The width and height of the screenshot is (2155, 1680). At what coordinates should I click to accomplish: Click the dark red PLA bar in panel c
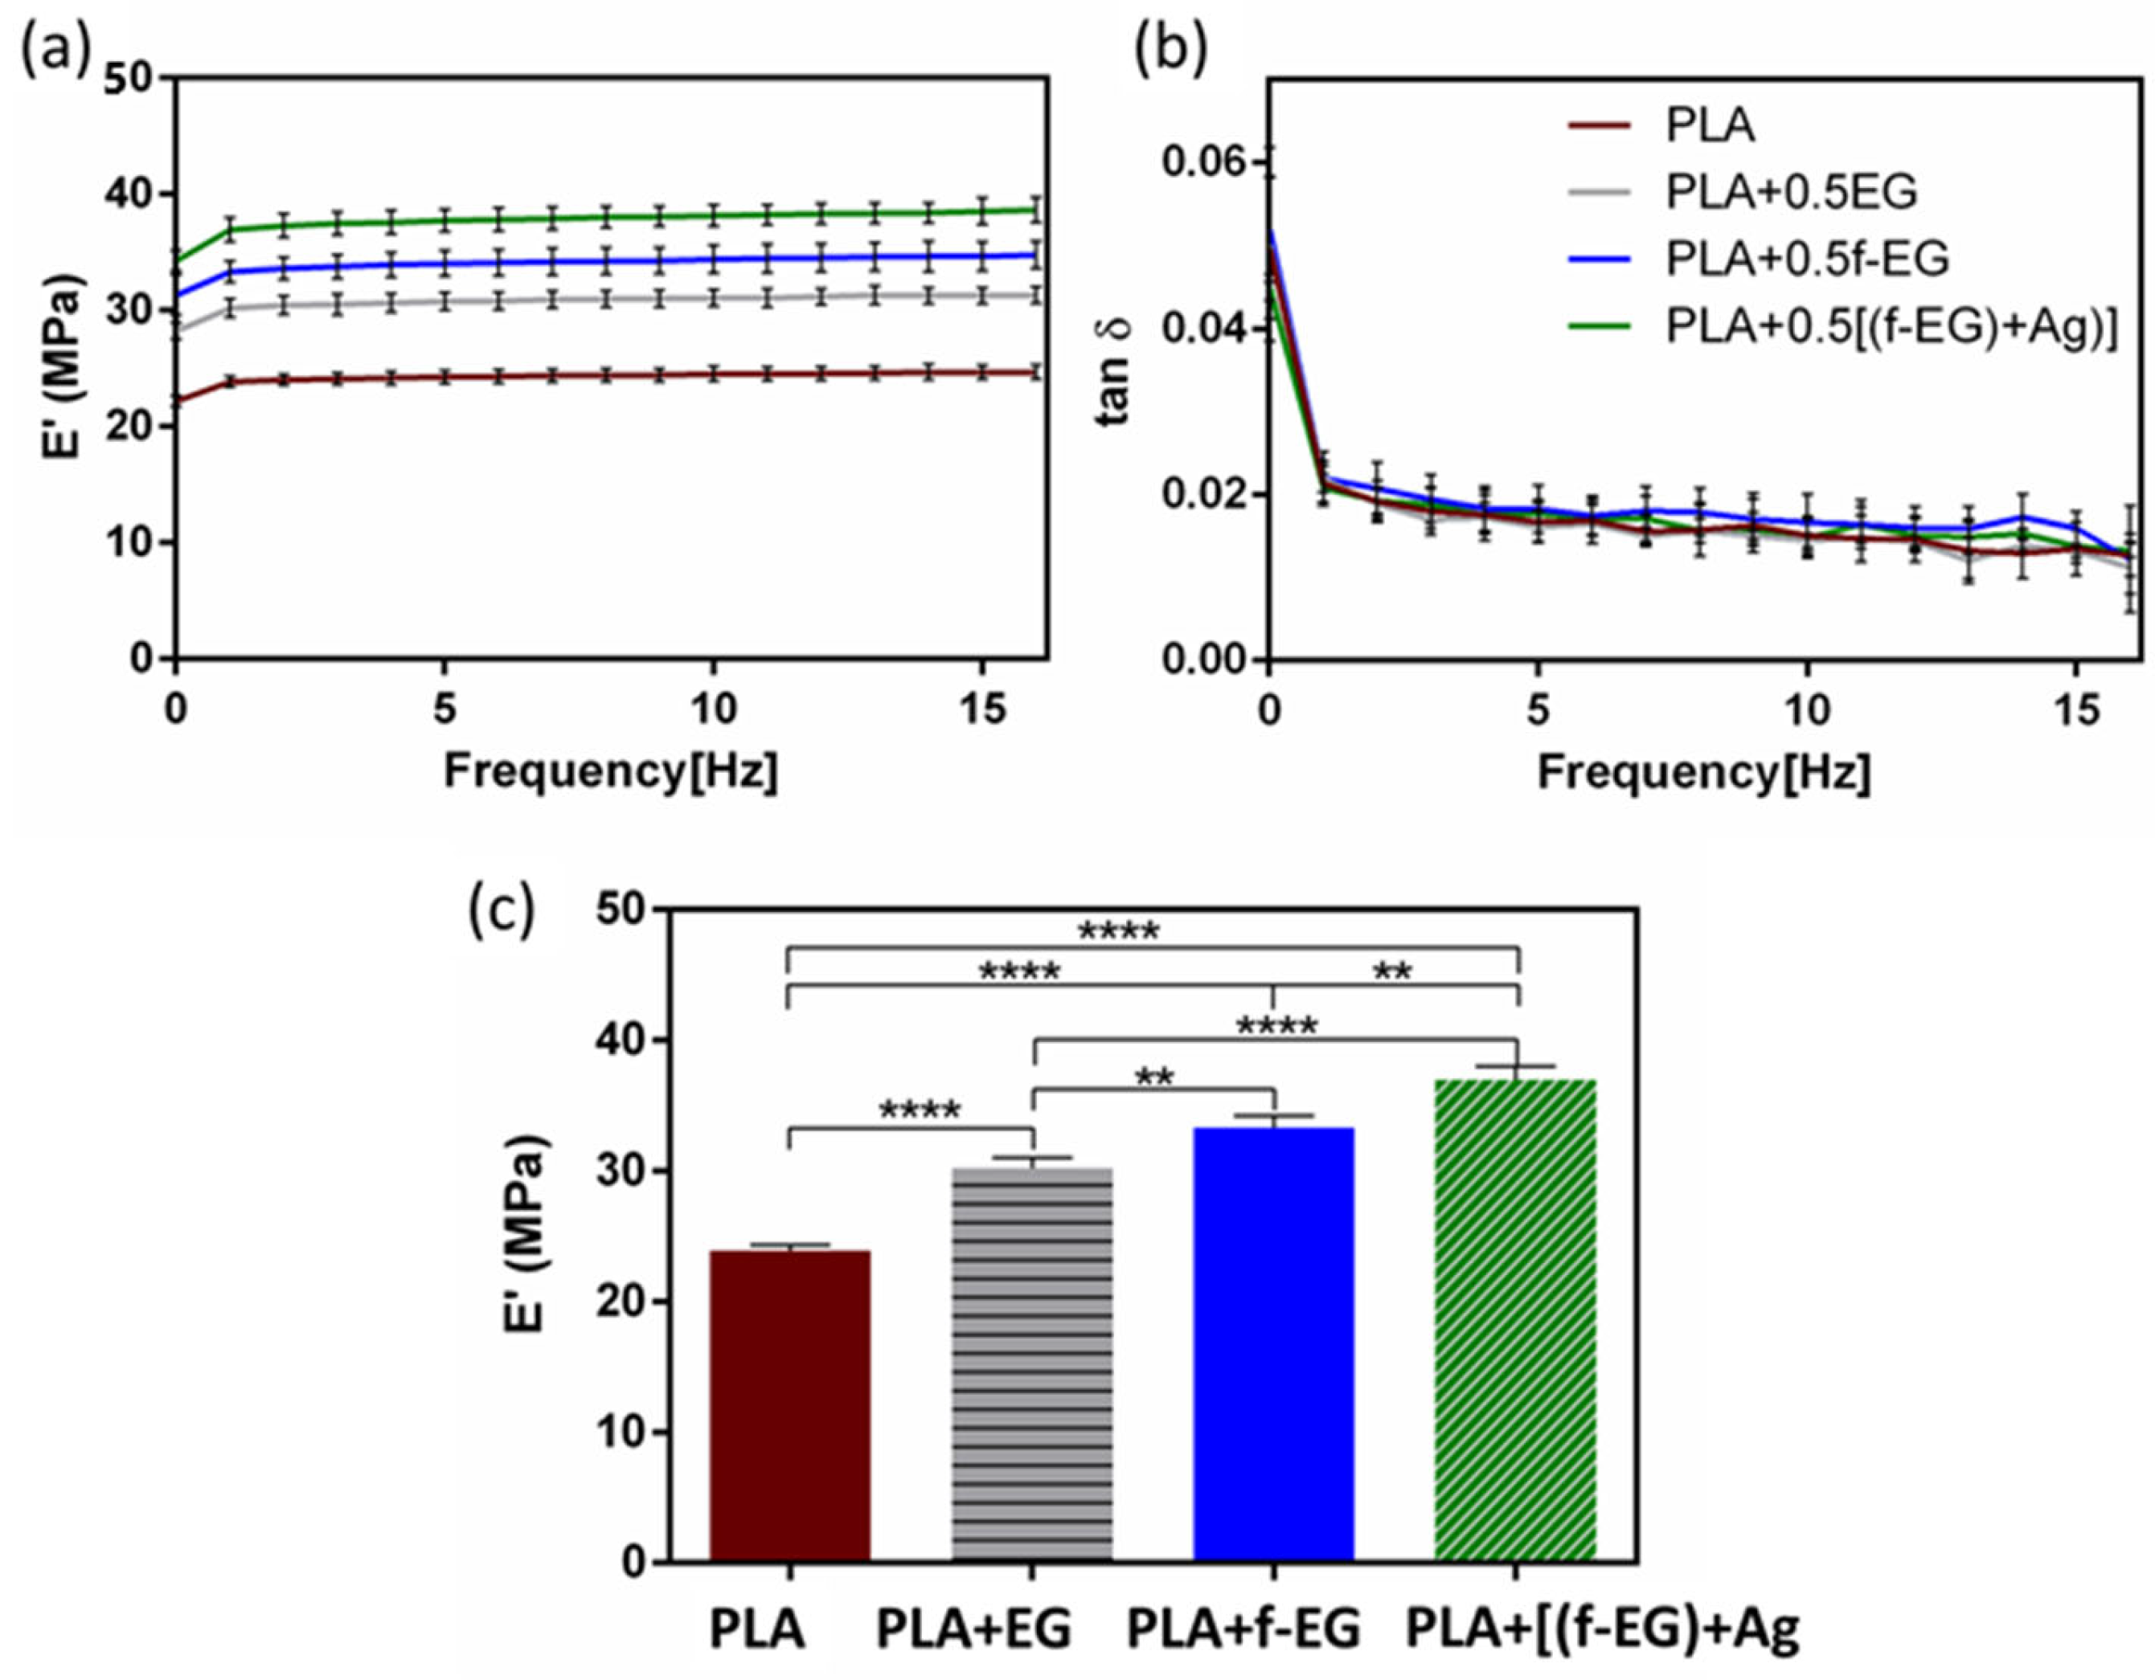tap(789, 1406)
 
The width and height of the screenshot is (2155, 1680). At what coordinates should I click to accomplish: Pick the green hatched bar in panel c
tap(1514, 1322)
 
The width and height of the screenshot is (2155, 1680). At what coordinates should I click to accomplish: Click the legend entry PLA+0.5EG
tap(1791, 192)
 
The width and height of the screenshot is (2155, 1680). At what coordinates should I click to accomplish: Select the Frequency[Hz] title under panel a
tap(611, 771)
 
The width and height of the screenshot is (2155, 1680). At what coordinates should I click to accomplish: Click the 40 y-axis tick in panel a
tap(133, 194)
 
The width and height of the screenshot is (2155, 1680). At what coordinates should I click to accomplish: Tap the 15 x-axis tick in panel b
tap(2076, 709)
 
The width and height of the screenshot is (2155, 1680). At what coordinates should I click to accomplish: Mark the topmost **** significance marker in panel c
tap(1118, 931)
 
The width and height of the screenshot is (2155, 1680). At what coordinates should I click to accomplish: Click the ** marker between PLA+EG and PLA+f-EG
tap(1154, 1077)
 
